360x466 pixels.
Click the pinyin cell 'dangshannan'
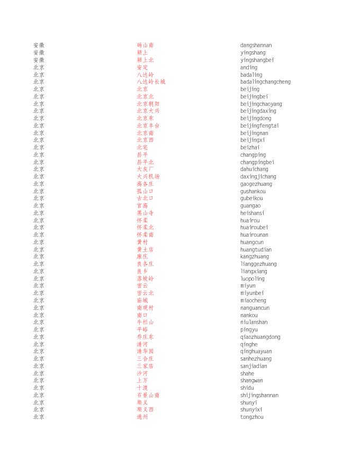pyautogui.click(x=256, y=46)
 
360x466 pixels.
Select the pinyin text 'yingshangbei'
pyautogui.click(x=257, y=60)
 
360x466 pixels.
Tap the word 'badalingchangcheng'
pyautogui.click(x=265, y=82)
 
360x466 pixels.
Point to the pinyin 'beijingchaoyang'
pyautogui.click(x=261, y=104)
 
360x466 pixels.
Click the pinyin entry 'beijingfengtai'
pyautogui.click(x=259, y=126)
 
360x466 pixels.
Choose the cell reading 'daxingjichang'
pyautogui.click(x=258, y=177)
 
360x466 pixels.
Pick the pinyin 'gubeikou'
pyautogui.click(x=251, y=199)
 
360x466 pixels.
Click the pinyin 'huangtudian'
pyautogui.click(x=256, y=250)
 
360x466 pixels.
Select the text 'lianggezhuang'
pyautogui.click(x=258, y=264)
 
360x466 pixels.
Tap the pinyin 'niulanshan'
pyautogui.click(x=254, y=322)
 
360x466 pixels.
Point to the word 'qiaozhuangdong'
pyautogui.click(x=260, y=337)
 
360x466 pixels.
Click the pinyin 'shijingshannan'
pyautogui.click(x=259, y=396)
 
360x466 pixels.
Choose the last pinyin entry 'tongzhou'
pyautogui.click(x=251, y=417)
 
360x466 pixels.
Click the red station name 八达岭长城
pyautogui.click(x=151, y=82)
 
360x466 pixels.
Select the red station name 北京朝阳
pyautogui.click(x=148, y=104)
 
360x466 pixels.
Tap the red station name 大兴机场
pyautogui.click(x=148, y=177)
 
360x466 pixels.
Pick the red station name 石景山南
pyautogui.click(x=148, y=396)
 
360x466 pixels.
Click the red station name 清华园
pyautogui.click(x=145, y=352)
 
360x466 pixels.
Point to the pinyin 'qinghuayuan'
pyautogui.click(x=256, y=352)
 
